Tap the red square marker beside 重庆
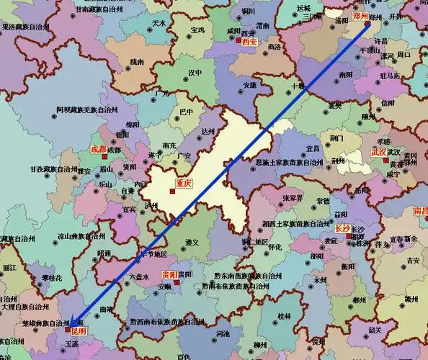click(172, 190)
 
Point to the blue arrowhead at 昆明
click(71, 330)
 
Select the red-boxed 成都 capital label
click(97, 149)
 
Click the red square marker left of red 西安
click(238, 42)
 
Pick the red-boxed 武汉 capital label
click(378, 153)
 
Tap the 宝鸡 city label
click(199, 32)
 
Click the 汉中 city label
click(195, 73)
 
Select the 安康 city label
click(249, 85)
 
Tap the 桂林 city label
click(284, 315)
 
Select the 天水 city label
click(159, 23)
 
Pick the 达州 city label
click(208, 131)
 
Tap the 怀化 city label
click(275, 246)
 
